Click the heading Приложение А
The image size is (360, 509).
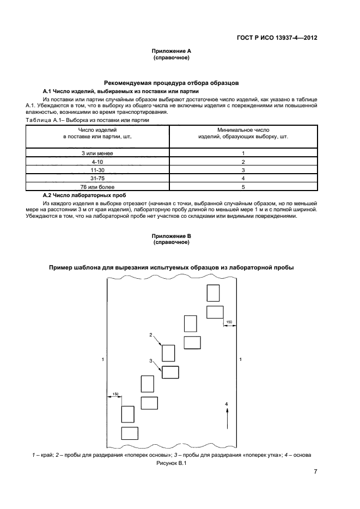pos(171,51)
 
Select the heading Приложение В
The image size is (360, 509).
pos(171,236)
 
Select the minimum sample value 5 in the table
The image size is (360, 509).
pos(243,186)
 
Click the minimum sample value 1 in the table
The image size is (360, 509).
pos(243,154)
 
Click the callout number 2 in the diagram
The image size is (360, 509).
pos(151,334)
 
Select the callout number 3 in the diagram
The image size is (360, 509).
pos(151,361)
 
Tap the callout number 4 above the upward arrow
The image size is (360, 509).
pos(227,403)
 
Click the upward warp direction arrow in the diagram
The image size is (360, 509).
pos(227,420)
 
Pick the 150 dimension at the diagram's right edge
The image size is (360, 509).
pos(229,322)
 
